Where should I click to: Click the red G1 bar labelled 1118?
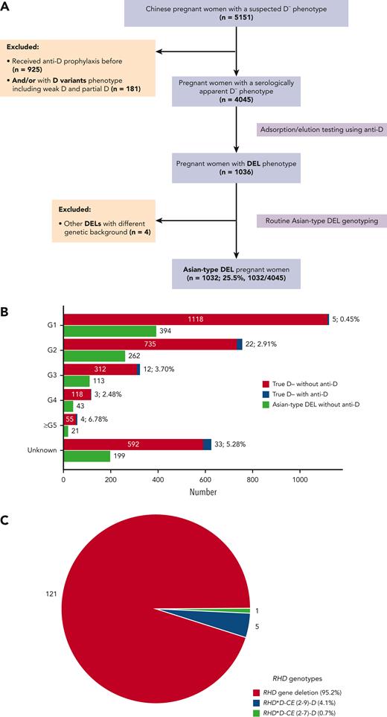195,299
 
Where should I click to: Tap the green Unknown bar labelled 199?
87,456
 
